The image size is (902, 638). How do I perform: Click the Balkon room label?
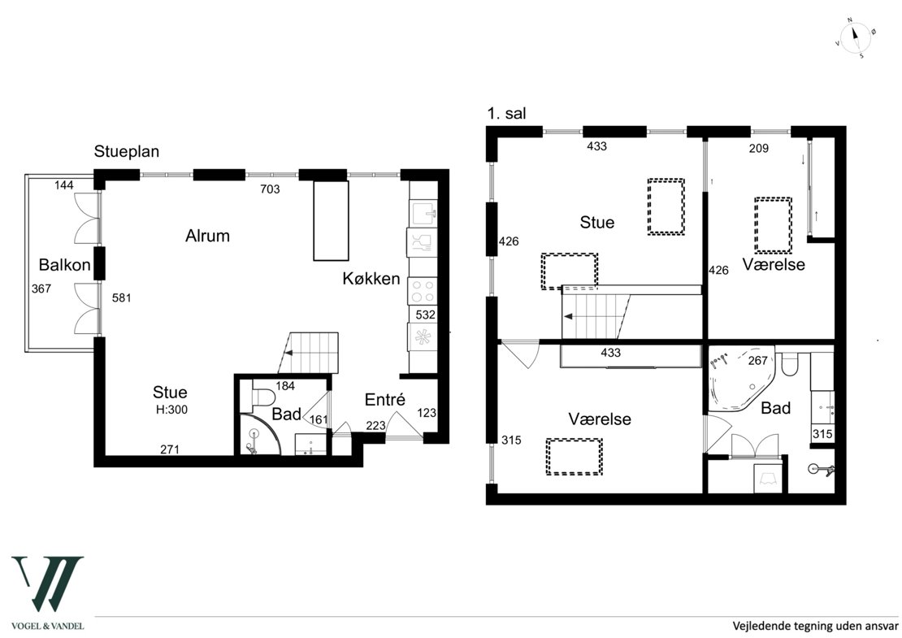(x=64, y=265)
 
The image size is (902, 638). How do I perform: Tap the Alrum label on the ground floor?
(x=208, y=236)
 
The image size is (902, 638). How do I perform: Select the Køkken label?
(x=371, y=279)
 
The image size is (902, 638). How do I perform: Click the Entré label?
(x=385, y=399)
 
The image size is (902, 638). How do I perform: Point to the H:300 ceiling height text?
(x=172, y=410)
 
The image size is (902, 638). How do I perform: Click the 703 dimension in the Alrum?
(x=270, y=189)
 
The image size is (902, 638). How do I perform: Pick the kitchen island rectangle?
(x=331, y=221)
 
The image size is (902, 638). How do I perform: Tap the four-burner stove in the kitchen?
(x=423, y=291)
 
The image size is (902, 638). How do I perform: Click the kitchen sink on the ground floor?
(x=423, y=213)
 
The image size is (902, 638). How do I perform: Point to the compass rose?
(x=856, y=38)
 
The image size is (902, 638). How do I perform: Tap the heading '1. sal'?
(x=506, y=114)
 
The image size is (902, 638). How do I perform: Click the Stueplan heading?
(x=127, y=152)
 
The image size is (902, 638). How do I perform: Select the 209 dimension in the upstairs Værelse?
(x=759, y=149)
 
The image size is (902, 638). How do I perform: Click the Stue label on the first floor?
(x=597, y=223)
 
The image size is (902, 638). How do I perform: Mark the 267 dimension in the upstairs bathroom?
(x=757, y=361)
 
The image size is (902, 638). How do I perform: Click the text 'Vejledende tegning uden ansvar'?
(x=815, y=625)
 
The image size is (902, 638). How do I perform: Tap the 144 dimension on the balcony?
(x=64, y=185)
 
